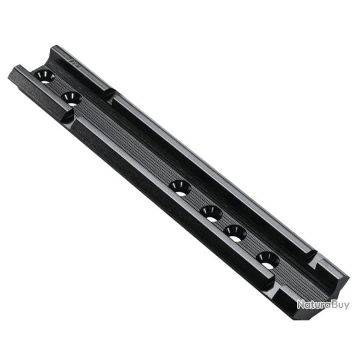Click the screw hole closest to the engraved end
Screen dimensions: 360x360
pos(45,76)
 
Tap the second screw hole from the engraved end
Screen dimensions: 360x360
pos(71,98)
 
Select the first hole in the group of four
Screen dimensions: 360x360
pos(180,187)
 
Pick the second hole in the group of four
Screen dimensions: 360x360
pos(211,212)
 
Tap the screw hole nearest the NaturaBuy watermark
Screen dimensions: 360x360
pos(267,259)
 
